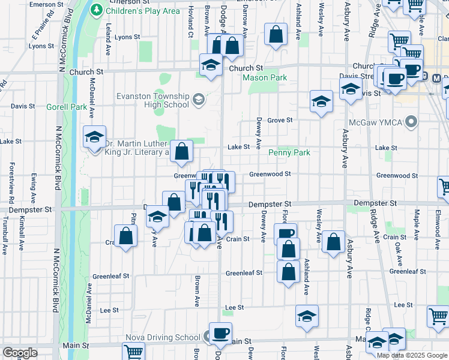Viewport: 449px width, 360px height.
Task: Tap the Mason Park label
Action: coord(265,78)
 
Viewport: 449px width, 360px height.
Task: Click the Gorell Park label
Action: coord(66,107)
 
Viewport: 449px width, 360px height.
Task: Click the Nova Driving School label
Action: coord(163,337)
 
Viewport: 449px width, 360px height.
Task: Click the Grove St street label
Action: coord(280,120)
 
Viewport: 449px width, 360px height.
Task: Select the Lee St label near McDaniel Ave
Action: coord(109,310)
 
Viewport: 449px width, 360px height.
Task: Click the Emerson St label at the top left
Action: coord(46,4)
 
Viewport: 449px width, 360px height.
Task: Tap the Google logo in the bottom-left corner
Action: coord(20,353)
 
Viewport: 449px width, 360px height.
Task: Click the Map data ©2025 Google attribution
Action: coord(412,355)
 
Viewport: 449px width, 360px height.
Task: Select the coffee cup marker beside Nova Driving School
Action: coord(220,333)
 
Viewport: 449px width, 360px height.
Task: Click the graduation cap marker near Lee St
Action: coord(307,316)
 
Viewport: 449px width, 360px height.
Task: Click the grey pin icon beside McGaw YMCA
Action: coord(411,123)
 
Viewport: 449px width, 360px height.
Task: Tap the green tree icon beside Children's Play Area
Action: coord(96,10)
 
